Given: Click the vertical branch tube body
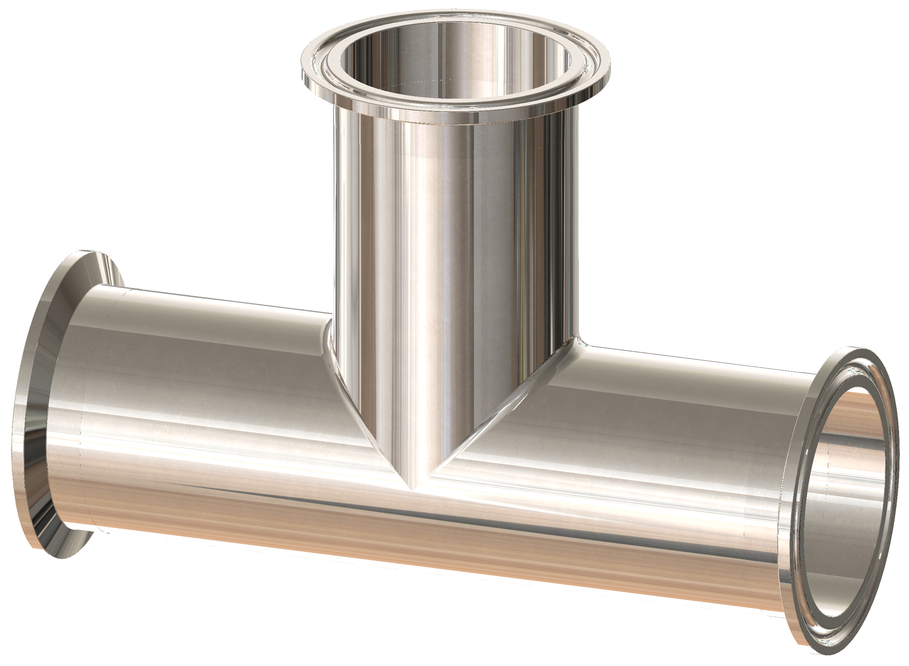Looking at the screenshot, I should pyautogui.click(x=451, y=242).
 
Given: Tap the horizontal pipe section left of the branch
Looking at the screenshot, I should pyautogui.click(x=202, y=403).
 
